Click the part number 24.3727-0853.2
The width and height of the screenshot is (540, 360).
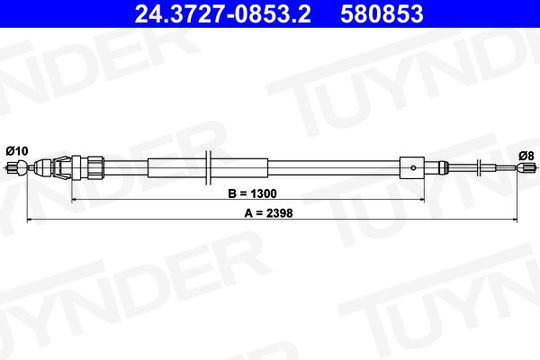tap(223, 14)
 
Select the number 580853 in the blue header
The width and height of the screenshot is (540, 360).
tap(382, 14)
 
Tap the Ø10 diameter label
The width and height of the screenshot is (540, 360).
tap(17, 151)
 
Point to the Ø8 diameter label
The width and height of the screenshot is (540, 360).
tap(526, 156)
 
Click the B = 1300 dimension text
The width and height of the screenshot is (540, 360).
tap(252, 194)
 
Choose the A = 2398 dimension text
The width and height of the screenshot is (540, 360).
tap(269, 213)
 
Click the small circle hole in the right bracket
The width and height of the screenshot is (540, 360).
tap(414, 168)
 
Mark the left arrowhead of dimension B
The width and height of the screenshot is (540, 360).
tap(75, 199)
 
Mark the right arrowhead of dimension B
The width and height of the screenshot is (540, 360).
tap(420, 199)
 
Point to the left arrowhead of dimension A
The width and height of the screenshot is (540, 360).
tap(31, 219)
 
